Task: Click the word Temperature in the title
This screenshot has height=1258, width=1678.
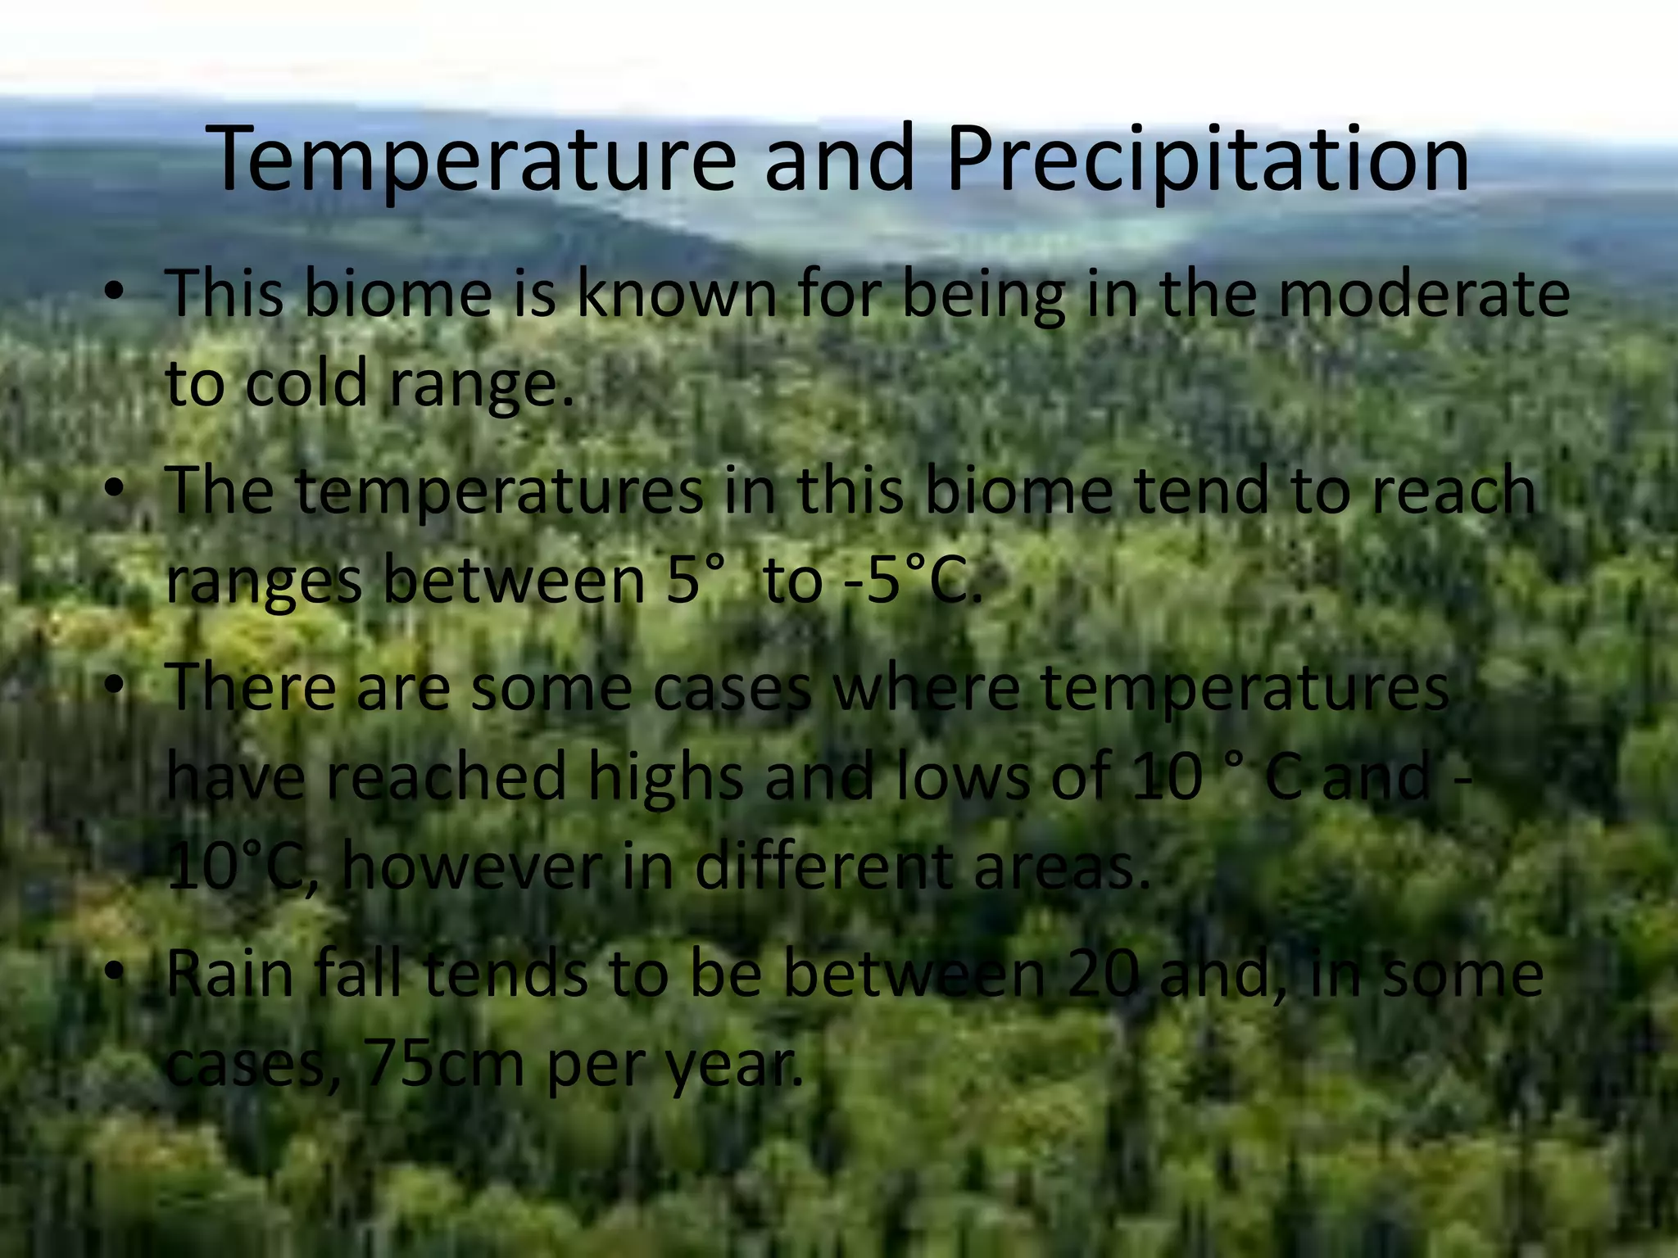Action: click(475, 160)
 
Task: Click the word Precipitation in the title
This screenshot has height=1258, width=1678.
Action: click(1207, 160)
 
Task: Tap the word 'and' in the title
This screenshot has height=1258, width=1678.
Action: click(839, 160)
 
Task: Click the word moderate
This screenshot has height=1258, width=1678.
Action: click(1423, 295)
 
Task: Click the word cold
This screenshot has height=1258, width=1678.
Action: click(306, 385)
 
